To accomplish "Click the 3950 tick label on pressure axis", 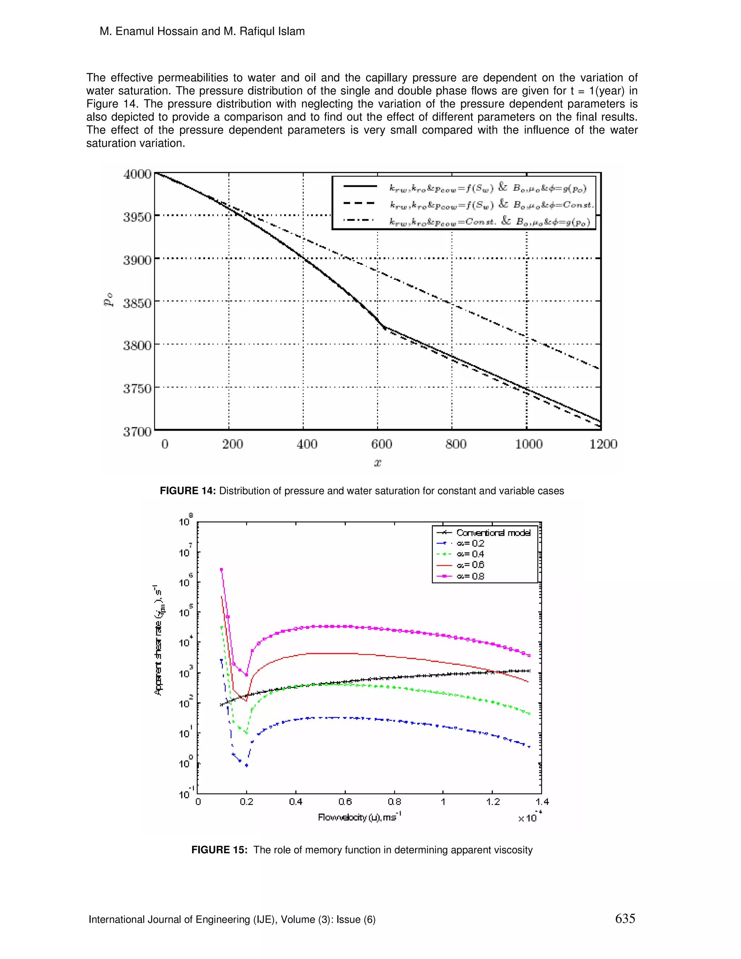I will pos(137,217).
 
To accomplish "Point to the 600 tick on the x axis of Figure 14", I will pos(381,444).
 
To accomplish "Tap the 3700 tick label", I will pos(137,432).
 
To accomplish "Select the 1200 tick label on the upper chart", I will pos(603,444).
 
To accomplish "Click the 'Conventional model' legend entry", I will pos(493,533).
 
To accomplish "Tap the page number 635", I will pos(625,918).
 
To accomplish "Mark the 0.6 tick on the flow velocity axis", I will pos(345,802).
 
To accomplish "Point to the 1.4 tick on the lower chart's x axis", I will pos(542,802).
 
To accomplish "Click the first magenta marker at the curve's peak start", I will pos(221,570).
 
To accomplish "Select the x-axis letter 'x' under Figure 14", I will pos(377,462).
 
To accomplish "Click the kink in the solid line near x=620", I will pos(385,328).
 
